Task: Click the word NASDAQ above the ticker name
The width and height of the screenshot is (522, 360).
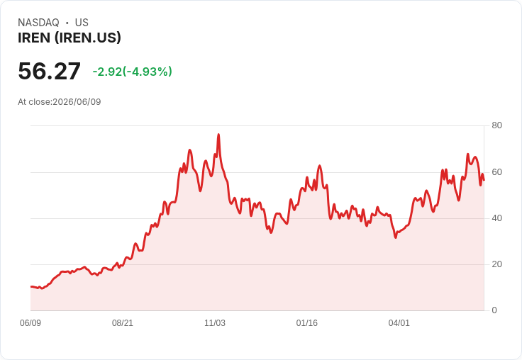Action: [38, 23]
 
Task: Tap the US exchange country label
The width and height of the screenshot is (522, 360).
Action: [82, 23]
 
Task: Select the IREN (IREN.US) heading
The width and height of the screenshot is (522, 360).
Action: [70, 38]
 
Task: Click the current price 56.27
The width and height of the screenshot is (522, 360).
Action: [49, 71]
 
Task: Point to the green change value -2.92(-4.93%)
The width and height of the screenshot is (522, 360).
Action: [133, 72]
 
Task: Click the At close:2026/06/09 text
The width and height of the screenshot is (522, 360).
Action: [60, 102]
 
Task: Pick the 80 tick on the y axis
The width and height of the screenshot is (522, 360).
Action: [496, 125]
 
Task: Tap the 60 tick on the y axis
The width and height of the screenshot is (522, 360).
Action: [496, 172]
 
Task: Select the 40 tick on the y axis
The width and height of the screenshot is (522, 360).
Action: [496, 218]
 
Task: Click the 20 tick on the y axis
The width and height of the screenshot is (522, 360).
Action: [496, 264]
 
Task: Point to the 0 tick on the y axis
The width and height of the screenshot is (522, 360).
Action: [494, 310]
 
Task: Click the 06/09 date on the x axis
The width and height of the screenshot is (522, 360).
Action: [30, 323]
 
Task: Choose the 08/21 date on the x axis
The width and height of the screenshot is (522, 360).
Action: [123, 323]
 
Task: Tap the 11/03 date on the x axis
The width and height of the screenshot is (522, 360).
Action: [215, 323]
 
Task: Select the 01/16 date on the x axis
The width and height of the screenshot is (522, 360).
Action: [307, 323]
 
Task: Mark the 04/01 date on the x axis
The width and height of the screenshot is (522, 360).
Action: [399, 323]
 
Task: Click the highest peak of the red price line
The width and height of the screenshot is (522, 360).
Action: [218, 135]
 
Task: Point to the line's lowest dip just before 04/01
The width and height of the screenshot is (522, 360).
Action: [396, 237]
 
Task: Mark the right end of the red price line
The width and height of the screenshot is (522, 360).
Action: [484, 180]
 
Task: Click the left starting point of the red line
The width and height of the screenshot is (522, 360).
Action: [31, 286]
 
